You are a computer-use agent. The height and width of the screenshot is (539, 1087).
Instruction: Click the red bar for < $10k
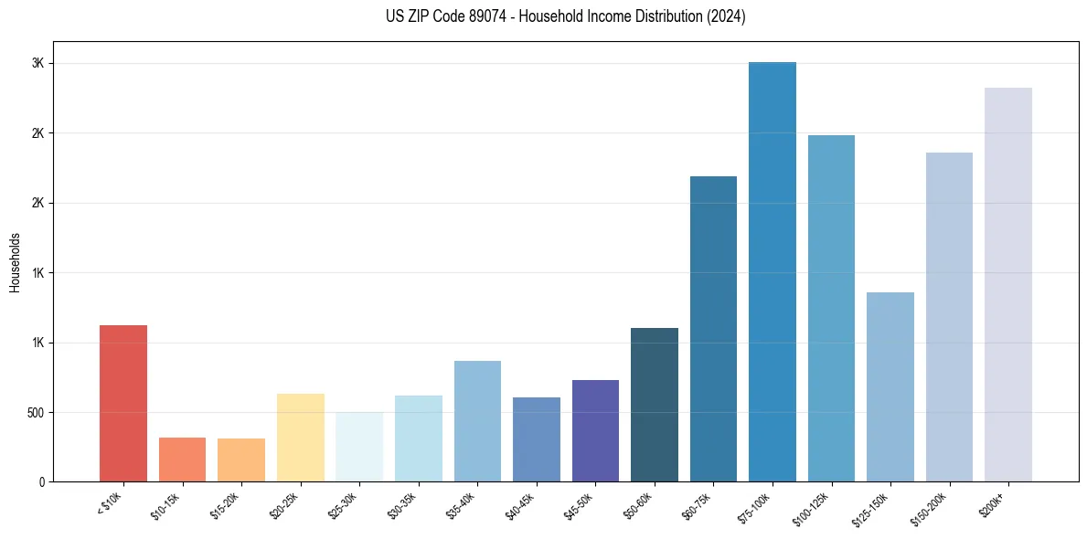tap(123, 403)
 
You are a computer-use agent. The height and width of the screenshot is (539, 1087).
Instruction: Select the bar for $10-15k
tap(182, 460)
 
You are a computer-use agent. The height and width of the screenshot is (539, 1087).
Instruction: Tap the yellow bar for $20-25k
tap(300, 438)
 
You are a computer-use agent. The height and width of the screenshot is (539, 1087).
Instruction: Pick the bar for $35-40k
tap(477, 421)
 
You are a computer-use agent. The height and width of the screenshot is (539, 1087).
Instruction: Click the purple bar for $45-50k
tap(595, 430)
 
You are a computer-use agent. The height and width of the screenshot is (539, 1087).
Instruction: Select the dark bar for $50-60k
tap(655, 405)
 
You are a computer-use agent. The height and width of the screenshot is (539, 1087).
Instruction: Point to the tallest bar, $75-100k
tap(773, 271)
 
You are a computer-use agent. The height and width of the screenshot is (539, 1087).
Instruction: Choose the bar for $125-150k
tap(890, 386)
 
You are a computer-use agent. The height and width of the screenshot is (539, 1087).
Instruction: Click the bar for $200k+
tap(1008, 284)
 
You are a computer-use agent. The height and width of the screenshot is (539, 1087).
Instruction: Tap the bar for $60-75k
tap(713, 329)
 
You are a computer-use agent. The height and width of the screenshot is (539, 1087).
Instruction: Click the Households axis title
tap(16, 262)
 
